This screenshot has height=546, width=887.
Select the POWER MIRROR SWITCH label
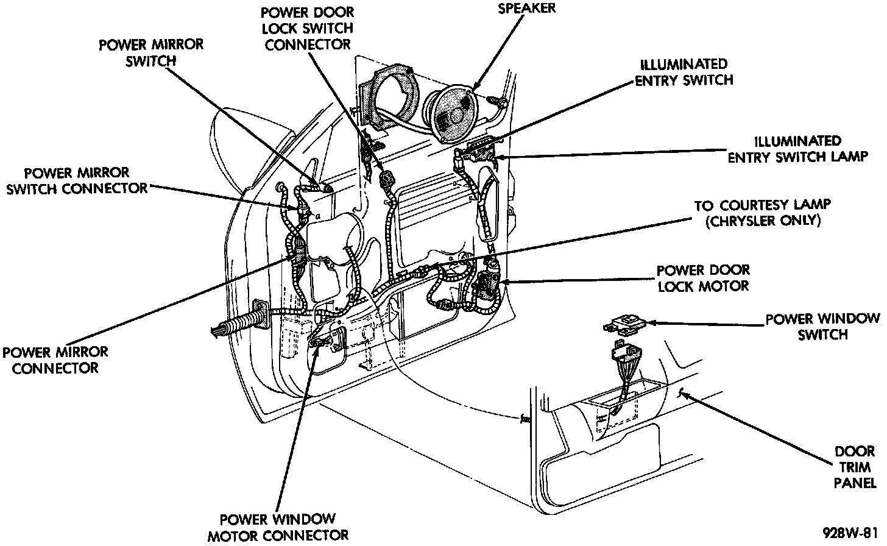point(151,52)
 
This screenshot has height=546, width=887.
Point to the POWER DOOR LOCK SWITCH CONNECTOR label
point(308,28)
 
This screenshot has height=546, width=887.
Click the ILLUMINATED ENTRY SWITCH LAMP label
point(797,149)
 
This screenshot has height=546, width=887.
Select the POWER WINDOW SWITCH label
point(822,327)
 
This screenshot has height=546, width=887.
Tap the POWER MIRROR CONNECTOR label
point(55,360)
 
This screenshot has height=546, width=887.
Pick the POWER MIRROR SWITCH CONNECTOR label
point(76,181)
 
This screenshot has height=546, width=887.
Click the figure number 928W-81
point(849,531)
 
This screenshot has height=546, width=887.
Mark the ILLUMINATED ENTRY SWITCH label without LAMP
point(684,72)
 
